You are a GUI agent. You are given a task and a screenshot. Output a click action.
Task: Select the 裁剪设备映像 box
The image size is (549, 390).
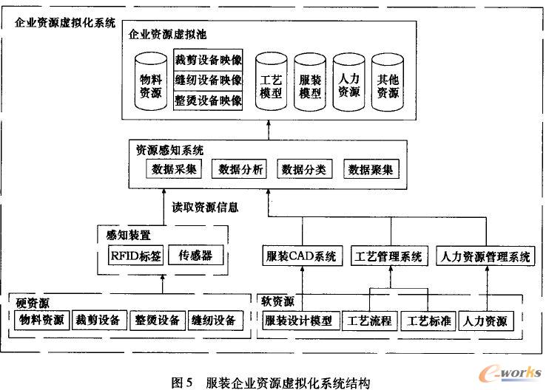(208, 59)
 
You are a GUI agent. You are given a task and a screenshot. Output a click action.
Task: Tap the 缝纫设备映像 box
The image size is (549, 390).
(208, 80)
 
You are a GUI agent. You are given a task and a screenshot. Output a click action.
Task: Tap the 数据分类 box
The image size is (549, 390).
(304, 170)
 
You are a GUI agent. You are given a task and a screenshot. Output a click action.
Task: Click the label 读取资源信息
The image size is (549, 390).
(205, 208)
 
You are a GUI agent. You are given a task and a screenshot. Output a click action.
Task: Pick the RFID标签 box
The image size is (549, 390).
(132, 256)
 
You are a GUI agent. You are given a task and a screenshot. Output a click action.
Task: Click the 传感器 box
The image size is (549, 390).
(195, 256)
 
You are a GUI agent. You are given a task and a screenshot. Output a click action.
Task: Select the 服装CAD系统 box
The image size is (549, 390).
(301, 257)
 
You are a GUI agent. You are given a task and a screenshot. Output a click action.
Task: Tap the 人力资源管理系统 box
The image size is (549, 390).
(485, 257)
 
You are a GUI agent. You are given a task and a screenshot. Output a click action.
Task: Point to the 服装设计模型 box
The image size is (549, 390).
(301, 321)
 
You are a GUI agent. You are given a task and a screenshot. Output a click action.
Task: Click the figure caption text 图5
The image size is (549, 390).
(182, 382)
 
